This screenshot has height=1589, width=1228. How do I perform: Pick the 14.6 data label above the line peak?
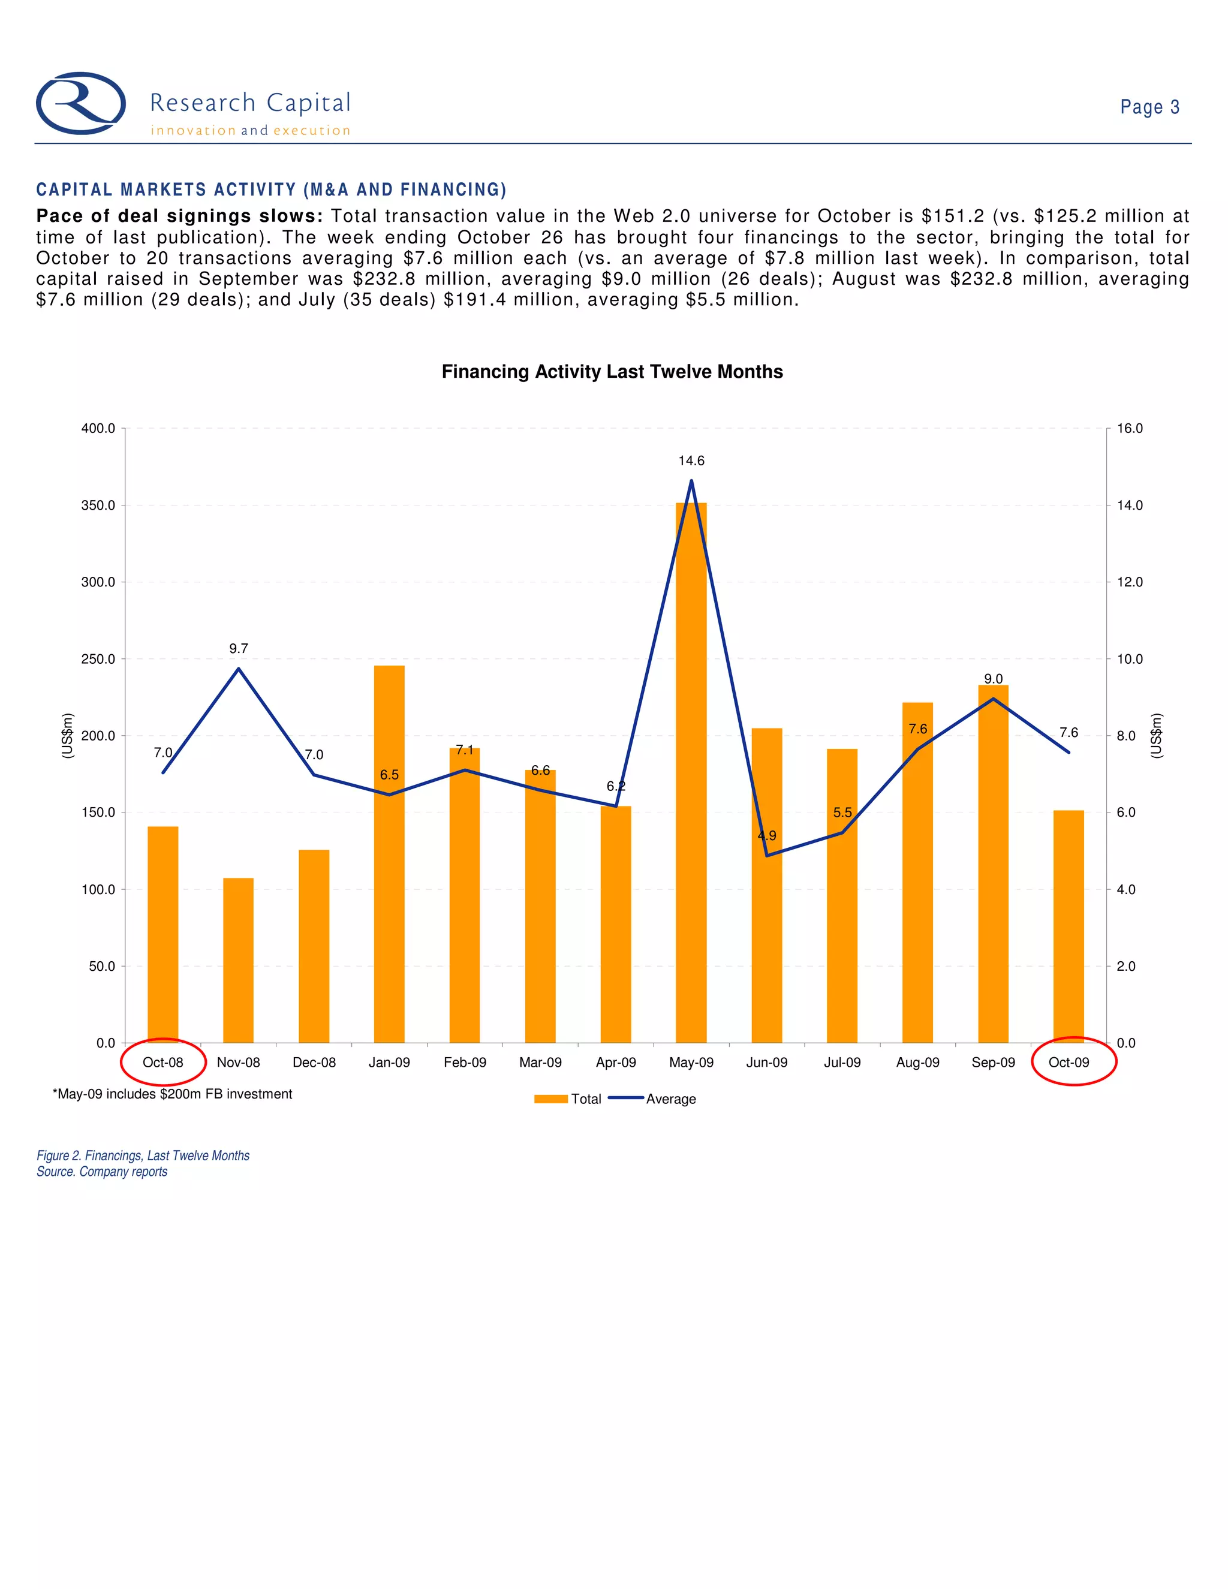coord(691,461)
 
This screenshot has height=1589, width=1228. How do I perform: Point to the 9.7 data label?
coord(239,648)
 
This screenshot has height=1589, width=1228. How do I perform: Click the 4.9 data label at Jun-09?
coord(767,835)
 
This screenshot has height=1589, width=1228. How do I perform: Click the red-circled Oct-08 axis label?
coord(163,1063)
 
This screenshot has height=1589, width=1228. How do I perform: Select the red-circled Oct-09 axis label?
coord(1069,1063)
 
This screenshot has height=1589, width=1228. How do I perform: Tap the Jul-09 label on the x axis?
coord(842,1063)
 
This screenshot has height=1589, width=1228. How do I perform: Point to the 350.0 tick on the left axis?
coord(98,505)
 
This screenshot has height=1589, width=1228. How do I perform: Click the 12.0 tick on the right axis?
coord(1130,582)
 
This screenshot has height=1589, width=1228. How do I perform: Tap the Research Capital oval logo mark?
coord(81,103)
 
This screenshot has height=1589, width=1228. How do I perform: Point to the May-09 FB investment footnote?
coord(173,1094)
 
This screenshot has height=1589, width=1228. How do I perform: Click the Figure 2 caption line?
coord(143,1155)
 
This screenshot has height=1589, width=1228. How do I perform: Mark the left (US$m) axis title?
coord(67,736)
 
